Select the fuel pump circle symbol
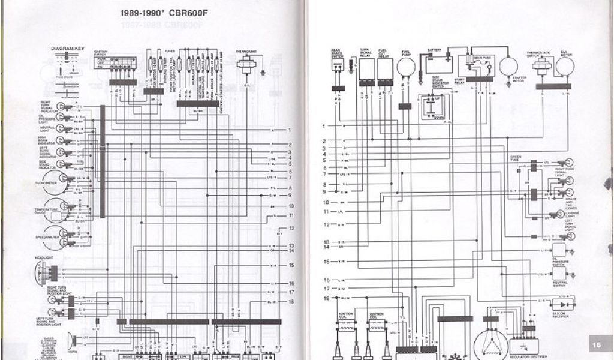[406, 67]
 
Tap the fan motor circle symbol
[564, 66]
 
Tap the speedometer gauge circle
[57, 233]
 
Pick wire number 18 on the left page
[291, 301]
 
